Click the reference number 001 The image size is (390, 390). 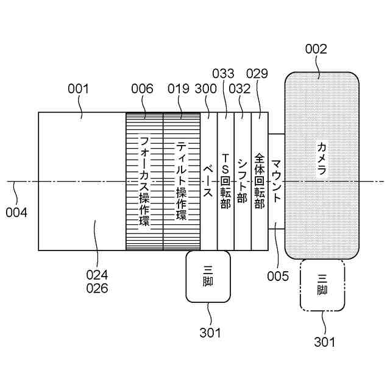coord(78,89)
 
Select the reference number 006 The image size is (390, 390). coord(143,89)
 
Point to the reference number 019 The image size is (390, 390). coord(179,89)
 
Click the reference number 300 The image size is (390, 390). coord(205,89)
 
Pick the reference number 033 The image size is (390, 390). coord(223,74)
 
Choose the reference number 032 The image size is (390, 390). coord(240,89)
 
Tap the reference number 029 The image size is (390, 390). coord(257,74)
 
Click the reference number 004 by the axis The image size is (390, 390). coord(17,213)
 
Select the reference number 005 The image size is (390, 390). coord(277,276)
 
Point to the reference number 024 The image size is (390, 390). coord(97,274)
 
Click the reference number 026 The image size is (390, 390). coord(97,288)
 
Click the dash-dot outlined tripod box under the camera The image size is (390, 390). coord(322,285)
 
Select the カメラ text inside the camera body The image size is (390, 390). coord(322,158)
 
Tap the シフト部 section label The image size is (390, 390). coord(243,181)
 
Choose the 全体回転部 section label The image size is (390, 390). coord(260,181)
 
